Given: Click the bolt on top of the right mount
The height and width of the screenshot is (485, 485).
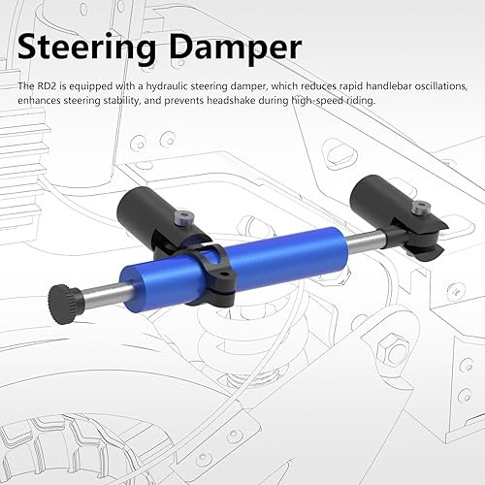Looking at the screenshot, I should pos(419,207).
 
